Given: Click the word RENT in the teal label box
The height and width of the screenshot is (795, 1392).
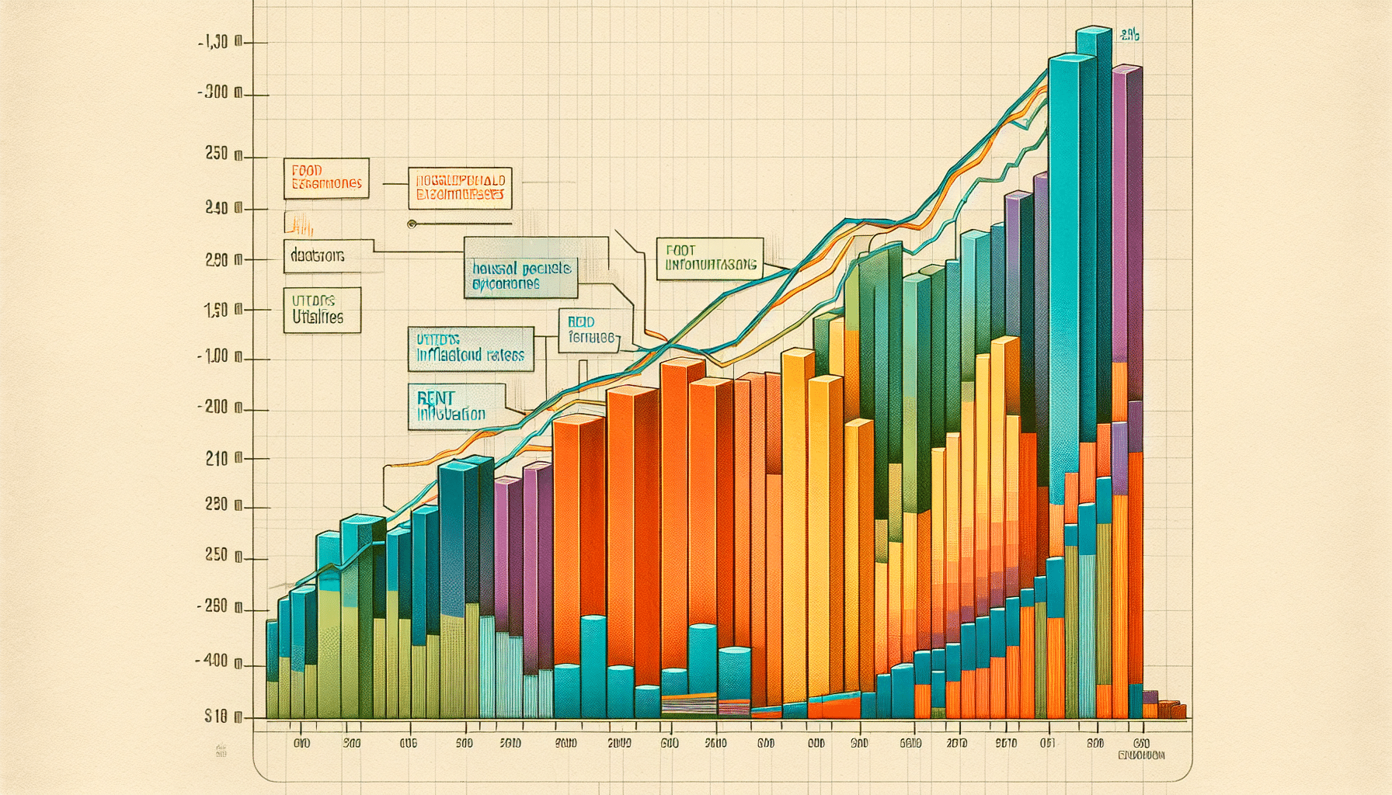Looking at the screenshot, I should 435,397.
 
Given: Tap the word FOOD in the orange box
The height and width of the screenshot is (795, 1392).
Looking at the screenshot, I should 307,169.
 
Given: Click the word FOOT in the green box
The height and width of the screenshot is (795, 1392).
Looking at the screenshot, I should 680,251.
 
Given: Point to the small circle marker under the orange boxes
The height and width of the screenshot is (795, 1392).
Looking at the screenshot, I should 412,224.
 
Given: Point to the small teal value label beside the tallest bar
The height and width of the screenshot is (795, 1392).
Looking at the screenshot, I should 1130,35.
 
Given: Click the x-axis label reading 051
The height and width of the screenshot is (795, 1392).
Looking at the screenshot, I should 1048,743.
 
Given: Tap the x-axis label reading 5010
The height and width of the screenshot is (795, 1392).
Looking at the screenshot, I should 510,743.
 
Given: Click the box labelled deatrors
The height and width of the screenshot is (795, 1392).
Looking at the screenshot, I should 322,255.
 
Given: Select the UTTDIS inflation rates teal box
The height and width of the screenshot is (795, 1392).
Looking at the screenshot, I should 471,349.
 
